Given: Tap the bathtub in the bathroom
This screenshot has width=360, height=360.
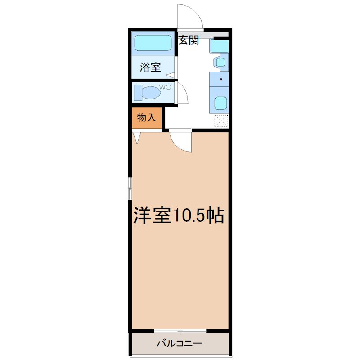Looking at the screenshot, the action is pyautogui.click(x=153, y=43).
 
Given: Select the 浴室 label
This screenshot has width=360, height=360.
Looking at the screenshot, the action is pyautogui.click(x=150, y=67).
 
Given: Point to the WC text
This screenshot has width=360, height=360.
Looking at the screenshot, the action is pyautogui.click(x=165, y=87).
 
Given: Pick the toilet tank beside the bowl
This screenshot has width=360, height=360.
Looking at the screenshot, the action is pyautogui.click(x=138, y=93).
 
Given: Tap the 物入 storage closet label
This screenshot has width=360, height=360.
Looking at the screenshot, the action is pyautogui.click(x=146, y=118).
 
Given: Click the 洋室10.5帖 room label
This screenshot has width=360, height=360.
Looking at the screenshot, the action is pyautogui.click(x=179, y=216).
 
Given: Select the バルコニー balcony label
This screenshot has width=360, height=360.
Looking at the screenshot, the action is pyautogui.click(x=179, y=344).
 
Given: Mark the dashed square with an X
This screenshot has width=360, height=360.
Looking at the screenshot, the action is pyautogui.click(x=221, y=121).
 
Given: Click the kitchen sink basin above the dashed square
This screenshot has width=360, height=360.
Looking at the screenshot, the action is pyautogui.click(x=221, y=103).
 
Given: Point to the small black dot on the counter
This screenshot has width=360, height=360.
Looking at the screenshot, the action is pyautogui.click(x=221, y=79).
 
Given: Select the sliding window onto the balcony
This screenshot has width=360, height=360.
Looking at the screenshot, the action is pyautogui.click(x=180, y=331).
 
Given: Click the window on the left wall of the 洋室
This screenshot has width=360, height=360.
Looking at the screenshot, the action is pyautogui.click(x=130, y=189).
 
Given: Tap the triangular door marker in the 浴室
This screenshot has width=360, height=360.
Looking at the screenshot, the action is pyautogui.click(x=170, y=75).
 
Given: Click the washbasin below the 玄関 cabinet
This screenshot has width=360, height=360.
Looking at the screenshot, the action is pyautogui.click(x=221, y=62).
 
